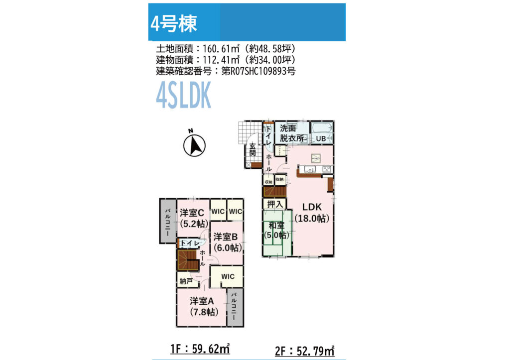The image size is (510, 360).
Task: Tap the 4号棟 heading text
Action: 174,23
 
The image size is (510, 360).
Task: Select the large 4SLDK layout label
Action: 184,95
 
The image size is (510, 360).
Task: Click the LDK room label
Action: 312,207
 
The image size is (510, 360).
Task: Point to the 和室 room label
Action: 276,225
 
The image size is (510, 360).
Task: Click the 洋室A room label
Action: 202,301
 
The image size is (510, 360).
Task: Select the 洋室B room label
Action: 226,237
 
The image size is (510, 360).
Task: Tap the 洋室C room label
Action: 192,213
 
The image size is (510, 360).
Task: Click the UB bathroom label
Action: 321,138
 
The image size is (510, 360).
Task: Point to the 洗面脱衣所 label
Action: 292,133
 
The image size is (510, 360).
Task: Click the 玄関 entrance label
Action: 253,149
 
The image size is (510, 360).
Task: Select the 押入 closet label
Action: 275,204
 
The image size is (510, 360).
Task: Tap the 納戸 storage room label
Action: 186,281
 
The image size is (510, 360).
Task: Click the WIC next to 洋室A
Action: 228,276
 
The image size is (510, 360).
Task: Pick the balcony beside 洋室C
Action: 168,221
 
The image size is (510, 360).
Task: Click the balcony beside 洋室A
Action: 235,307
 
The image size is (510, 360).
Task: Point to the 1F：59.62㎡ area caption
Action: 200,349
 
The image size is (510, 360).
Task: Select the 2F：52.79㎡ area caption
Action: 305,351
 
